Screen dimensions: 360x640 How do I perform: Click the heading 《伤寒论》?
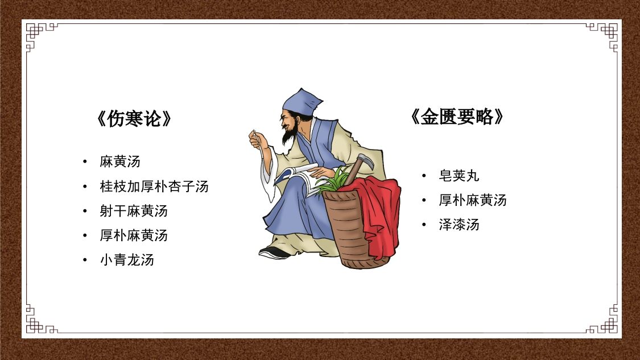coord(134,119)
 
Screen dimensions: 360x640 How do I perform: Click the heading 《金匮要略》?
coord(457,117)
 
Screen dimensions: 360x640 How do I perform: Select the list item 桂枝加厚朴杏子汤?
coord(154,187)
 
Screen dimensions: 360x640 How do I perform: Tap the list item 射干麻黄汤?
coord(133,211)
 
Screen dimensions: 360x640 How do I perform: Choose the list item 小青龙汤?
coord(126,260)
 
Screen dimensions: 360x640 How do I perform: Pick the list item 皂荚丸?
coord(459,176)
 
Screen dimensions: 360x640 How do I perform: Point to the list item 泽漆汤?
coord(459,225)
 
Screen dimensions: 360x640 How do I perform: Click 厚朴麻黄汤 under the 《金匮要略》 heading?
coord(472,200)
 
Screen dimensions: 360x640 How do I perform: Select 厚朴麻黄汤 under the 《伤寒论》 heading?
coord(133,235)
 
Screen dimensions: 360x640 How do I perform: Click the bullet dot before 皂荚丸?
coord(424,176)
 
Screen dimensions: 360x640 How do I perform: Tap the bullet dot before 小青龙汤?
coord(85,260)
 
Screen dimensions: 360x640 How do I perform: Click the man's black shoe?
coord(273,251)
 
